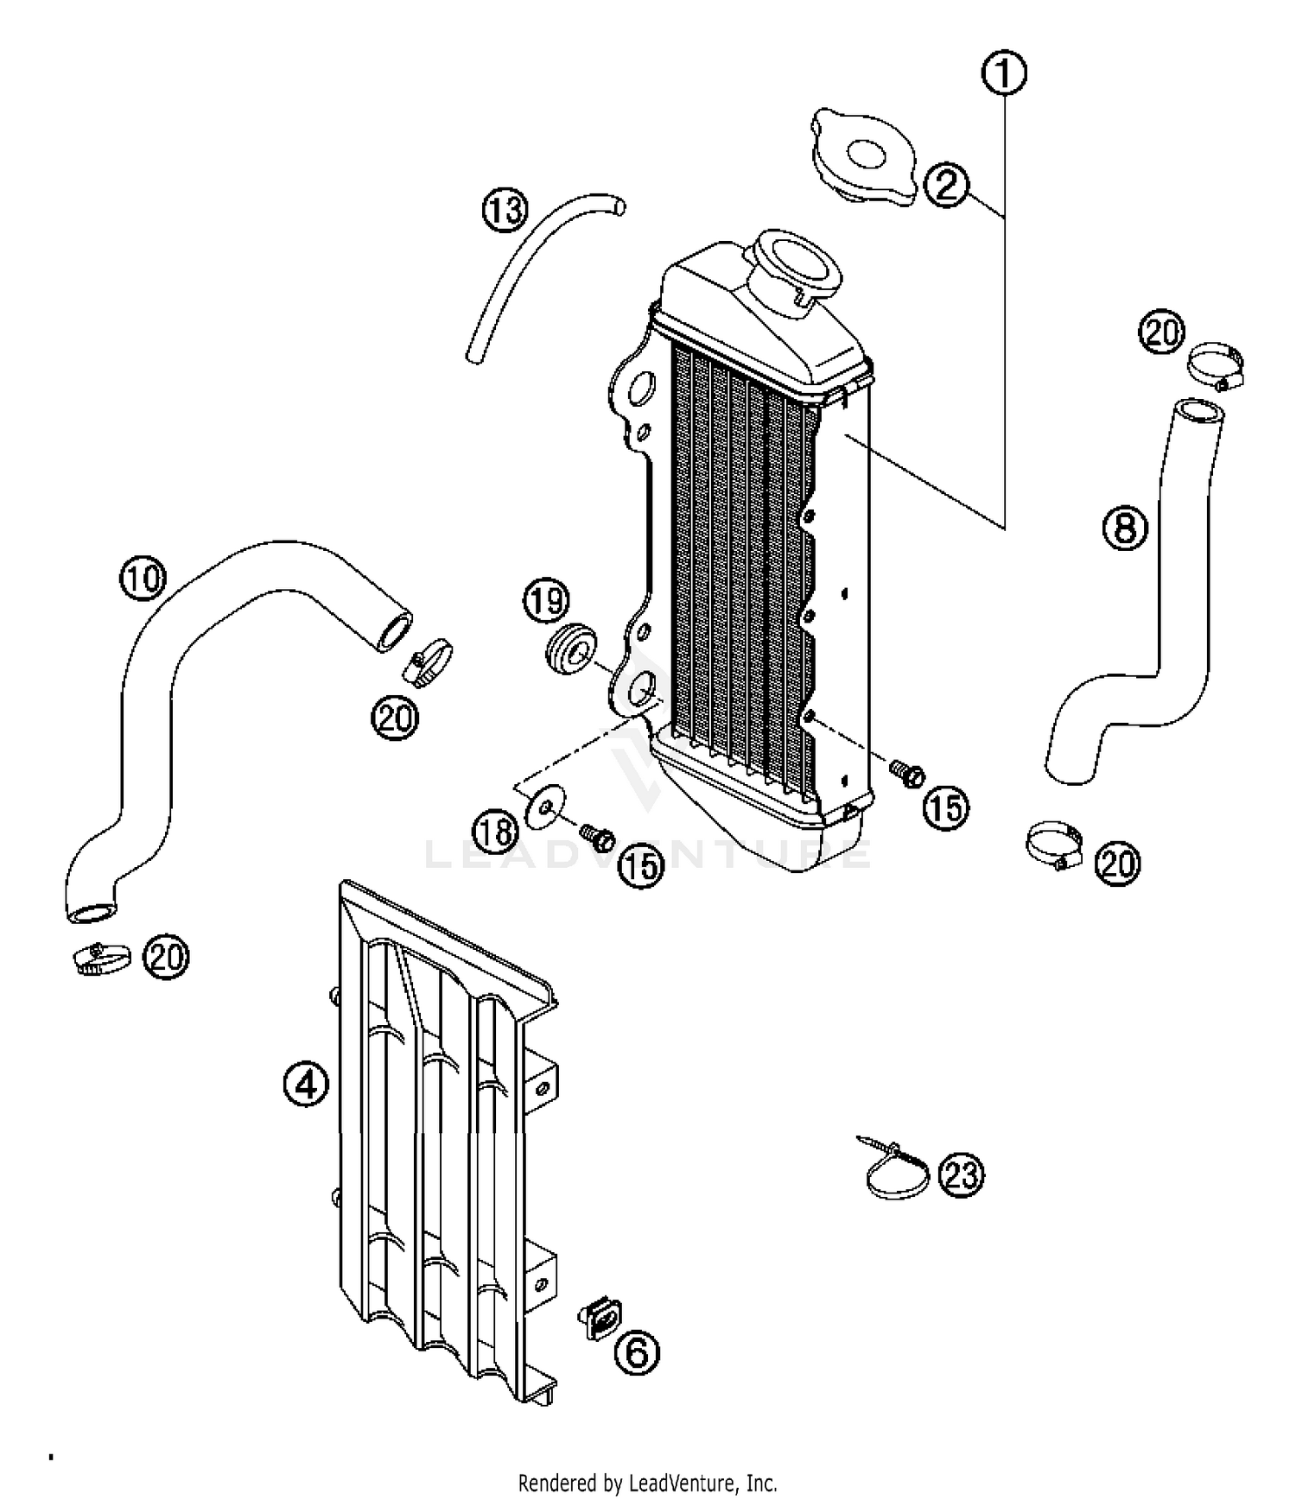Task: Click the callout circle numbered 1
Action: coord(1003,73)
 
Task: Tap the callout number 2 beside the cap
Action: coord(947,184)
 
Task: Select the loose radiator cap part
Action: coord(862,158)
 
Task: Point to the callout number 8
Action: coord(1125,527)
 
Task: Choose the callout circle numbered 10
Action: coord(142,578)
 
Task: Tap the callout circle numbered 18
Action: coord(495,832)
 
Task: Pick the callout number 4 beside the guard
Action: coord(307,1085)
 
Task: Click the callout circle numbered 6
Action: coord(636,1353)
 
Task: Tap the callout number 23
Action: coord(961,1175)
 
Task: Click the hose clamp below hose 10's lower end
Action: coord(101,958)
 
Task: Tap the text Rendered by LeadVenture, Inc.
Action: coord(647,1484)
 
